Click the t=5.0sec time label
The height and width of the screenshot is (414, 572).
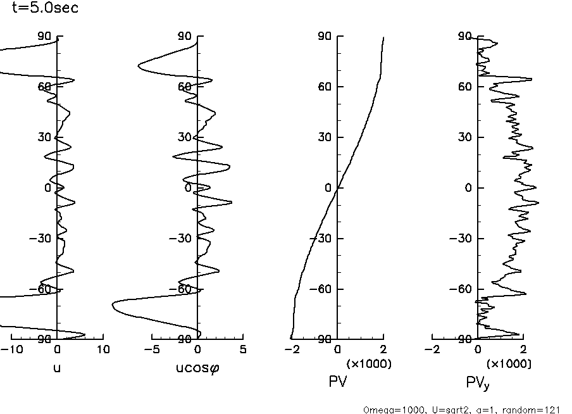[45, 9]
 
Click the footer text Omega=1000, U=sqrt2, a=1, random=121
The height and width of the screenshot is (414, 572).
[461, 410]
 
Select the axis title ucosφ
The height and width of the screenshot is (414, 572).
[197, 367]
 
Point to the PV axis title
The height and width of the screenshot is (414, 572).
[338, 381]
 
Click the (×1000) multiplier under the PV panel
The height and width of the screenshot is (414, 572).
[368, 364]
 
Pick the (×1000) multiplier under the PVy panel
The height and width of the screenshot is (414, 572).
[508, 364]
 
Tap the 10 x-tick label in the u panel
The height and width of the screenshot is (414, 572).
[103, 349]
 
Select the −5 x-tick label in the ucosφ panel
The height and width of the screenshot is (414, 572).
[149, 349]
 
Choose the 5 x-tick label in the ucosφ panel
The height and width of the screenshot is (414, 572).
[243, 349]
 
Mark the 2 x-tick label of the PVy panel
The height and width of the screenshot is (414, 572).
[523, 349]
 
